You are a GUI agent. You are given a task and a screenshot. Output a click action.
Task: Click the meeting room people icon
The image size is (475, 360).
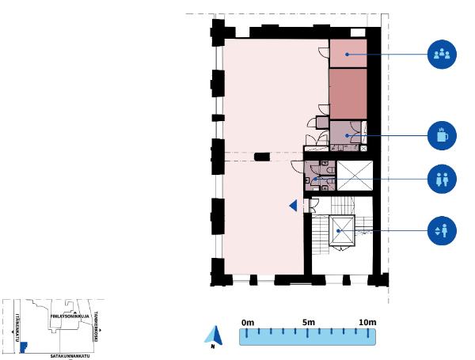pos(442,55)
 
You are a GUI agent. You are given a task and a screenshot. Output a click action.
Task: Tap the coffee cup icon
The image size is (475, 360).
pos(442,135)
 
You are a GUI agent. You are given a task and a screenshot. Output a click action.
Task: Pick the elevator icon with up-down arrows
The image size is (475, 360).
pos(442,230)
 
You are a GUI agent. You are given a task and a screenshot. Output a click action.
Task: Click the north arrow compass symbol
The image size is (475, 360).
pos(213,336)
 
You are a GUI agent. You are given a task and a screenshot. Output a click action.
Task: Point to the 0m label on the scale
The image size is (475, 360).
pos(247,323)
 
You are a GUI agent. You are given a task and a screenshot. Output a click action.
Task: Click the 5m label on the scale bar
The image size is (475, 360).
pos(309,323)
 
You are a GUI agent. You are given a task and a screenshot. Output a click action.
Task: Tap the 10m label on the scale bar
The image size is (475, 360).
pos(367,323)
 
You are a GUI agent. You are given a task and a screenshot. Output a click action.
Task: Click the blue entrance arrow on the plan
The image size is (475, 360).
pos(293,206)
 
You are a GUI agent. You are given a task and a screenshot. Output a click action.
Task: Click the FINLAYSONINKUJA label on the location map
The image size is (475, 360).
pos(68,314)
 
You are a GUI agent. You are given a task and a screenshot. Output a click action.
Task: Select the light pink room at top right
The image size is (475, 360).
pos(348,53)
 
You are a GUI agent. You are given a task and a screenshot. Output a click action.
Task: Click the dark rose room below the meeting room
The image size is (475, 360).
pos(348,93)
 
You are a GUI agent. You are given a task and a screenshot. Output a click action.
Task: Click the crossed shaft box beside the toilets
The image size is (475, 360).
pos(353,176)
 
